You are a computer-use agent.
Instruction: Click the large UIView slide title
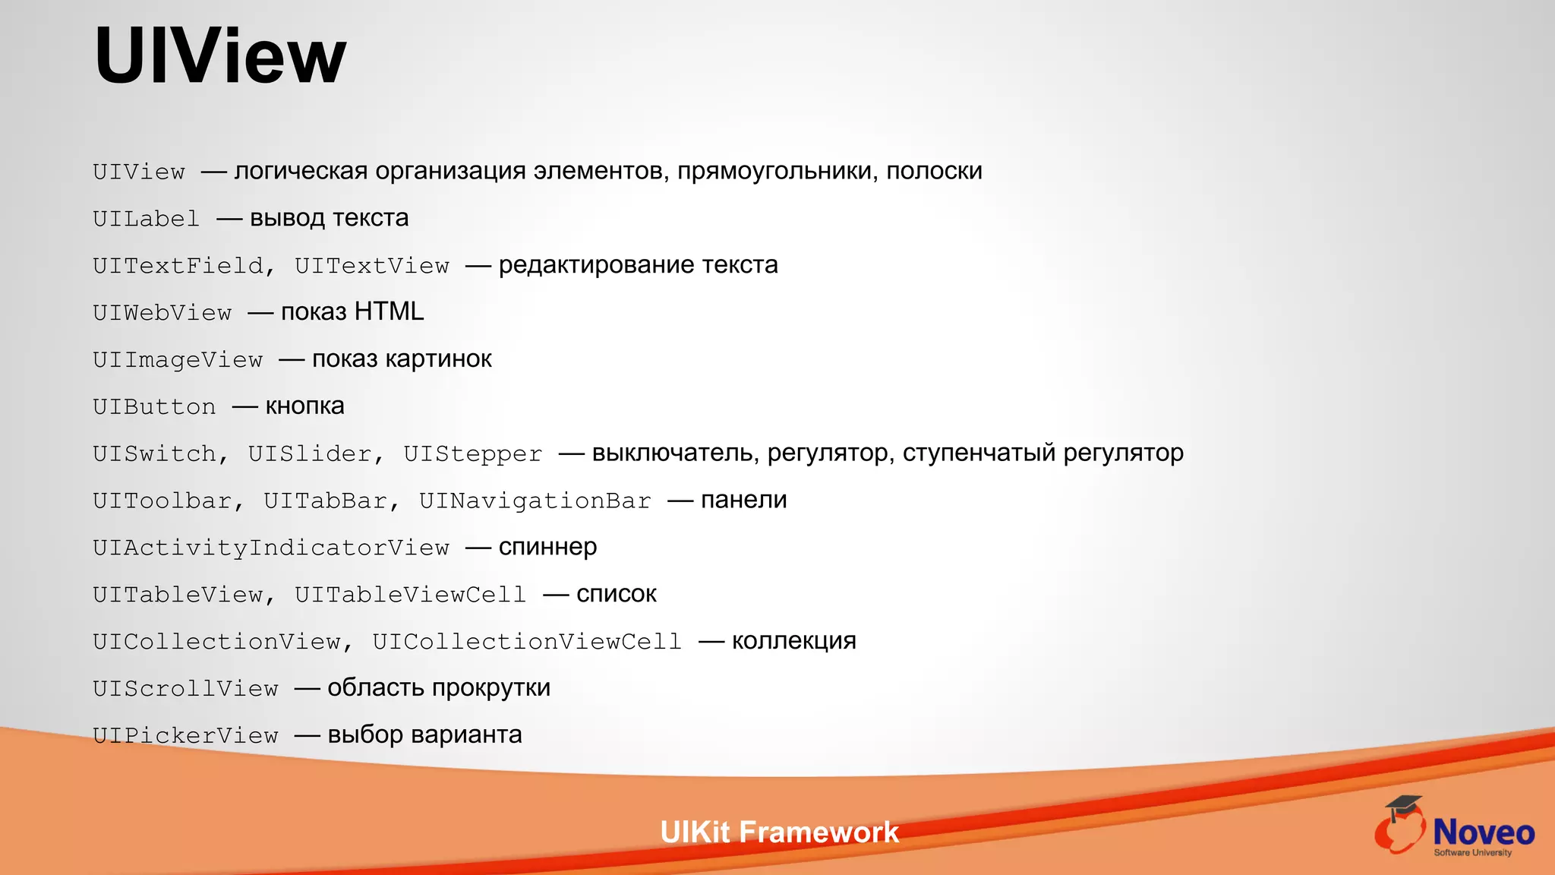[220, 56]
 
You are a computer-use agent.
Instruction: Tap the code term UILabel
[146, 219]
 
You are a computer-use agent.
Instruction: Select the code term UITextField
[178, 266]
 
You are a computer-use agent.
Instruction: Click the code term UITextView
[372, 266]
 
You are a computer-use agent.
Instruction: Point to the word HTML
[389, 311]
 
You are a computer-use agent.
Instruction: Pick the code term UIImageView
[178, 359]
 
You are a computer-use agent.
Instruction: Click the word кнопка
[304, 406]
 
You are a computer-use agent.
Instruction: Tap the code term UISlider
[310, 454]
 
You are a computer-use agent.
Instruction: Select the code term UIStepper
[473, 454]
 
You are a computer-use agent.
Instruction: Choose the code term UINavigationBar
[535, 501]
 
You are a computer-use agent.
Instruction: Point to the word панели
[743, 500]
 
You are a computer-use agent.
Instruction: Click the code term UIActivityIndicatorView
[271, 548]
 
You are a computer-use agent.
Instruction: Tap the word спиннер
[547, 547]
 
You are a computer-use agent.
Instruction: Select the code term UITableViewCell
[410, 595]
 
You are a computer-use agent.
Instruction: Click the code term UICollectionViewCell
[527, 642]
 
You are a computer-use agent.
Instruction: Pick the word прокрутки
[491, 688]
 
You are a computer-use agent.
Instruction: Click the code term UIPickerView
[185, 735]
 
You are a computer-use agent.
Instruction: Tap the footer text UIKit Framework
[779, 832]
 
